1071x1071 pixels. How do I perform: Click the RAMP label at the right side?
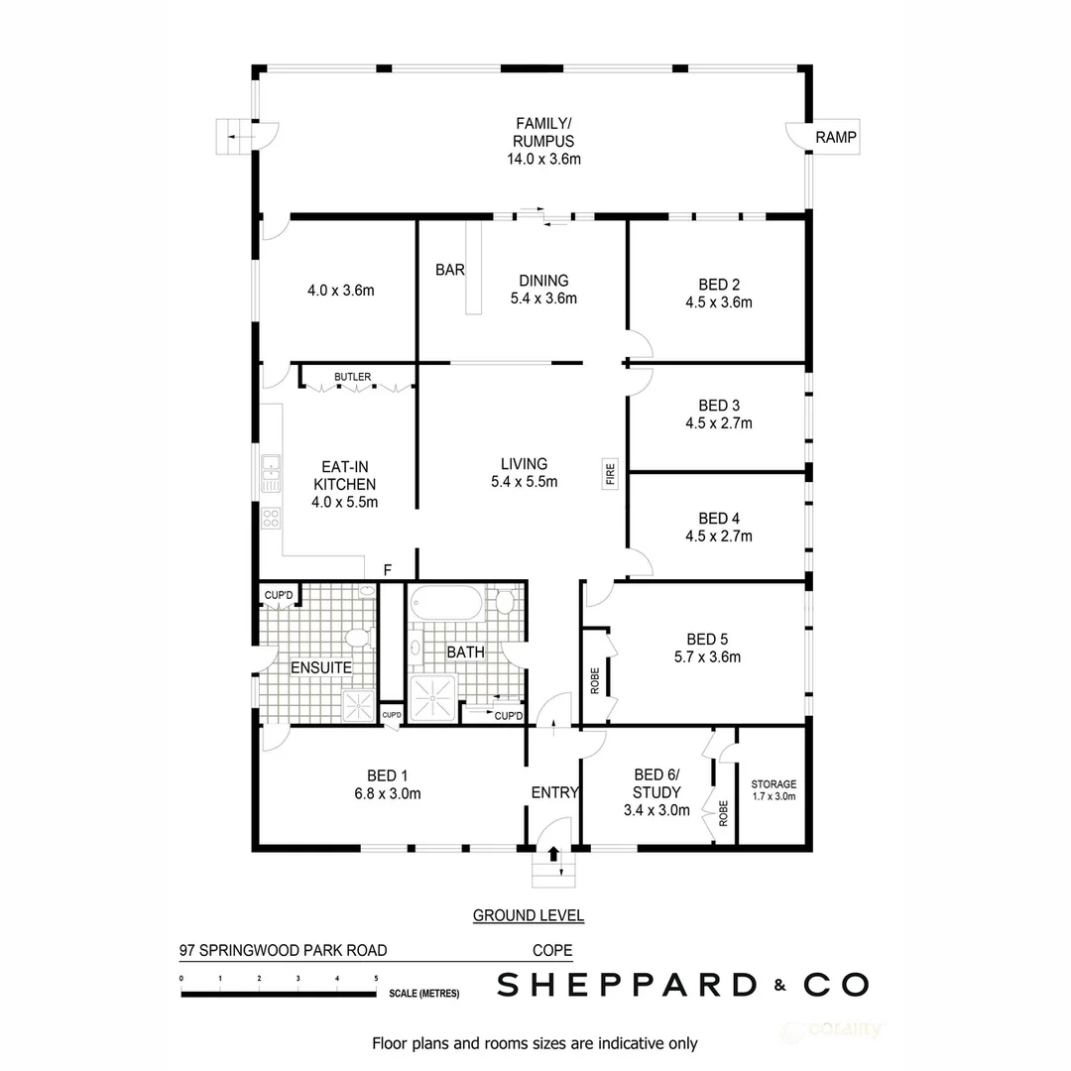point(835,137)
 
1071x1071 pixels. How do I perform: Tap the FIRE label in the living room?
point(611,473)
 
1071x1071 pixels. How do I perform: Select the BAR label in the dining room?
point(449,270)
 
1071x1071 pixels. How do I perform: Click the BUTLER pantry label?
point(353,378)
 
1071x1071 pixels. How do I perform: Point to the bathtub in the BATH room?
point(445,603)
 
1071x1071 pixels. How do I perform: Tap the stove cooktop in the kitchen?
point(270,517)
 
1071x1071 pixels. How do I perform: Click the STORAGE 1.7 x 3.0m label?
point(773,789)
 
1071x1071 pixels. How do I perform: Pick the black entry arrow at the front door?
point(553,853)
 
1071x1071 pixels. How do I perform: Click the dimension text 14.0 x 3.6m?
point(542,158)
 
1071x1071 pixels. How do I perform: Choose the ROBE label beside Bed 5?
point(595,681)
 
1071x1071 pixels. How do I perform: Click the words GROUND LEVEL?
point(528,915)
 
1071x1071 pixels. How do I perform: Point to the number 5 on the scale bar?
point(376,979)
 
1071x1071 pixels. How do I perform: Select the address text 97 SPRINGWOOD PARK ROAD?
point(283,950)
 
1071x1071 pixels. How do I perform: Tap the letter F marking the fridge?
point(389,570)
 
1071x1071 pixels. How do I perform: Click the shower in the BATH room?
point(433,697)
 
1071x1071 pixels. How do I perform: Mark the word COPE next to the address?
point(552,950)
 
